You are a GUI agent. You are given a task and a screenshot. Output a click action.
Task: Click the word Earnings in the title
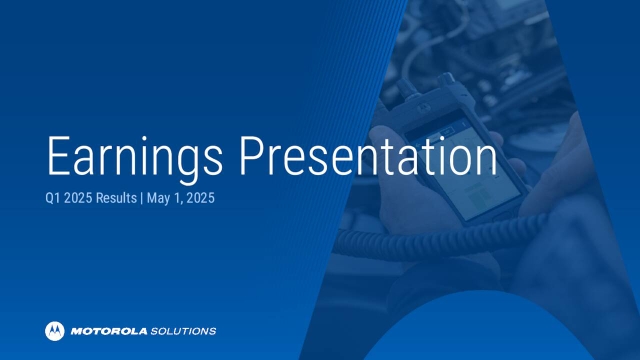(x=133, y=160)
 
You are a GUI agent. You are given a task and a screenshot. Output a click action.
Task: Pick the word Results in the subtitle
(x=118, y=198)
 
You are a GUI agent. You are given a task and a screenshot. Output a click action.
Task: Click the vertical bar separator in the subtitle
(x=143, y=198)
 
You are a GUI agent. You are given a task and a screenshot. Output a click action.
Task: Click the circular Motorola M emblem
(x=54, y=330)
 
